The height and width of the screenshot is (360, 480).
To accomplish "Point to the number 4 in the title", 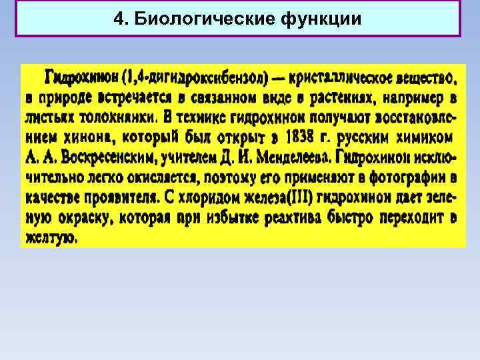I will coord(119,19).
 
